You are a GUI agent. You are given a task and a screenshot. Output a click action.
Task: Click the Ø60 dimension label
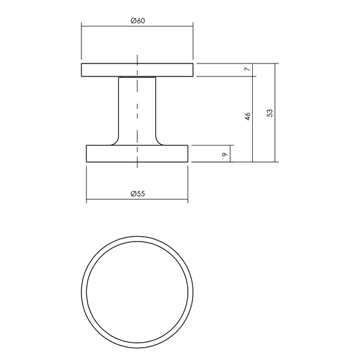click(x=137, y=21)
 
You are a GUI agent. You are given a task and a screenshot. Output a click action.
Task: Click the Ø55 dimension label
click(x=137, y=194)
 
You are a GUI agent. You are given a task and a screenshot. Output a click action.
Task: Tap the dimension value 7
click(x=248, y=69)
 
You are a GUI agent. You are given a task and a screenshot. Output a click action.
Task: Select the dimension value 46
click(x=248, y=117)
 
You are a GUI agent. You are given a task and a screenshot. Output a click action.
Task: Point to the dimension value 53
click(x=270, y=113)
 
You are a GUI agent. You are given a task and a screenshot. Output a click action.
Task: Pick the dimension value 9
click(x=225, y=154)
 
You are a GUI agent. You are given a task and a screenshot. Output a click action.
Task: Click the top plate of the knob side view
click(x=137, y=70)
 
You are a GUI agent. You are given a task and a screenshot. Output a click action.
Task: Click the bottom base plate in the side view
click(x=137, y=153)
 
